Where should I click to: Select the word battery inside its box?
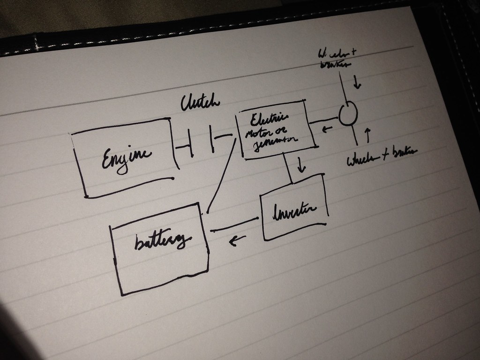(x=162, y=242)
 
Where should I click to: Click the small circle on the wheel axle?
(x=348, y=113)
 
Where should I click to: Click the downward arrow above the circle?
(x=358, y=83)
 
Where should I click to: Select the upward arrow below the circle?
(x=367, y=135)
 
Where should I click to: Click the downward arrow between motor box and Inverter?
(x=301, y=165)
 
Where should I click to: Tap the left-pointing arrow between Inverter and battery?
(x=237, y=241)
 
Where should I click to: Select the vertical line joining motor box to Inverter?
(x=288, y=169)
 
